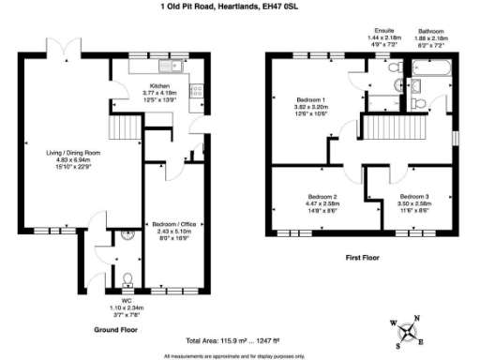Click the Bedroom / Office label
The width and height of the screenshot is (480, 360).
[176, 224]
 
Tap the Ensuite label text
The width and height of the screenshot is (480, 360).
[384, 30]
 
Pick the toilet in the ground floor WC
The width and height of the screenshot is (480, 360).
[126, 277]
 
